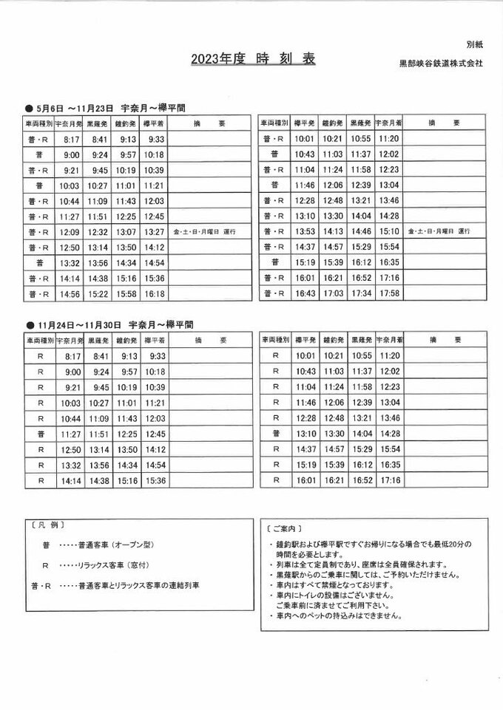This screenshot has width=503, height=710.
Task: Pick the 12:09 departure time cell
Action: pos(71,232)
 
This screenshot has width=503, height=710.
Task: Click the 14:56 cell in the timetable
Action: pos(71,294)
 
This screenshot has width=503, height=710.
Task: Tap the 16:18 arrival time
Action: pos(155,294)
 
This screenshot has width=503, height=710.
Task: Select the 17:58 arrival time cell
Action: pos(389,294)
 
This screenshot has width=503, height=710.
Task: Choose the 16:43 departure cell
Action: pos(305,294)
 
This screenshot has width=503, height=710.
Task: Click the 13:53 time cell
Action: pos(305,232)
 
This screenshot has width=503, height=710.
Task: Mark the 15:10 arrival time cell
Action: pos(389,232)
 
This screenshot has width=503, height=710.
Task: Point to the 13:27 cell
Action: pos(155,232)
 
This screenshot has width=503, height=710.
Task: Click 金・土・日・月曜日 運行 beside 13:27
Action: pos(204,232)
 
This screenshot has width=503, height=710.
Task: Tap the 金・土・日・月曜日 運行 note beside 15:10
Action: pos(439,232)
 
